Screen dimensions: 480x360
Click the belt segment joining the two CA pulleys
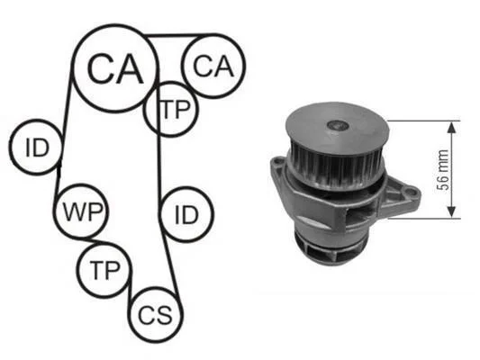point(181,35)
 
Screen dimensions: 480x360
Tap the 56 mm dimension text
point(442,170)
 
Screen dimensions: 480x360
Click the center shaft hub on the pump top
point(338,125)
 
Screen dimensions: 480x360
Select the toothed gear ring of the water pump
point(335,167)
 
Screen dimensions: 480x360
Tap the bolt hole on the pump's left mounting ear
point(278,160)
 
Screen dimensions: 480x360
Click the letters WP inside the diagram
point(82,211)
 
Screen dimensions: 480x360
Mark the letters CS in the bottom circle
point(155,315)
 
